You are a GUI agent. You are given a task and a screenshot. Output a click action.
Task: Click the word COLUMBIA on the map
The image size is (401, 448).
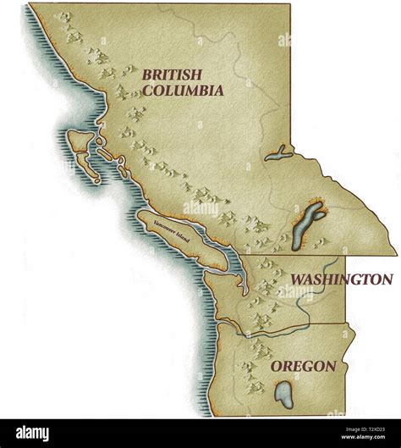tap(183, 90)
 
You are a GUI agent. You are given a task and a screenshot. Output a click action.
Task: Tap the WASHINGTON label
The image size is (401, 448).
tap(341, 279)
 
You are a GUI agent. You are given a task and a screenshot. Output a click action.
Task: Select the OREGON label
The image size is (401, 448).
tap(303, 367)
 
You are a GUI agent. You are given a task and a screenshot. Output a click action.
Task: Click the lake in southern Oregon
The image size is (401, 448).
tap(283, 394)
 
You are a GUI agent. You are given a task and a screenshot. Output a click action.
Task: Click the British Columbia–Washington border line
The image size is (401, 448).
tap(321, 256)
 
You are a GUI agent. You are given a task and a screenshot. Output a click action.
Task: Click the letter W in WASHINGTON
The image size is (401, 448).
tap(298, 279)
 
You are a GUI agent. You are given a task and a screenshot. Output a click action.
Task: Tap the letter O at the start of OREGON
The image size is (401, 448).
tap(277, 367)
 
